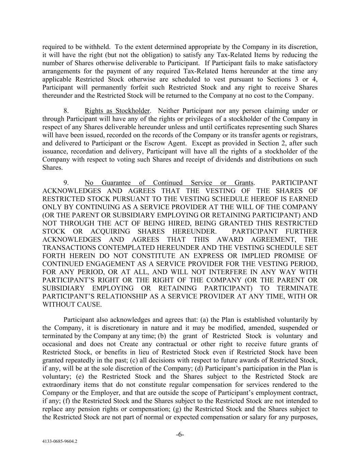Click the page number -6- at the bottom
[x=180, y=435]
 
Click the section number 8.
[x=67, y=111]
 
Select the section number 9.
[x=67, y=183]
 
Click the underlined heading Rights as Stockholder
[x=117, y=111]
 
